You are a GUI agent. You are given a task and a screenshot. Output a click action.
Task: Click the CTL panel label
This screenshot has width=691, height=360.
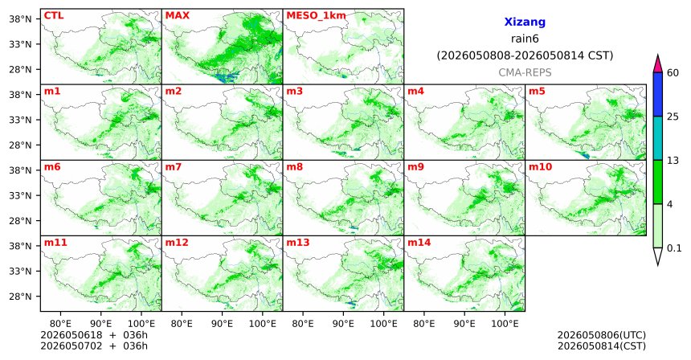[x=54, y=15]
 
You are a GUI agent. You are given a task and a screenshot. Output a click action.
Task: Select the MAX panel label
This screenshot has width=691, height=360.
[x=177, y=15]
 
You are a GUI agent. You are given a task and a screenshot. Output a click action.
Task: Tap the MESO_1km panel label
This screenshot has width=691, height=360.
[x=316, y=16]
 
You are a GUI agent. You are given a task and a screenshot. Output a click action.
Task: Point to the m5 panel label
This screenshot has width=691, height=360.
[x=537, y=92]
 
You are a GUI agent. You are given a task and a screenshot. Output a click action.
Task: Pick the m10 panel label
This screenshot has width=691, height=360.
[x=540, y=167]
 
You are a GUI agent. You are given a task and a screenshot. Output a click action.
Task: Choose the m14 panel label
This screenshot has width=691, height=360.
[x=419, y=243]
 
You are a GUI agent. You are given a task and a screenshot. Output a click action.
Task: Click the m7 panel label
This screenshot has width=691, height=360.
[x=174, y=167]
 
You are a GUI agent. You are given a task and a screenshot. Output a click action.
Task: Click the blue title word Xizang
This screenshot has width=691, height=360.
[x=525, y=22]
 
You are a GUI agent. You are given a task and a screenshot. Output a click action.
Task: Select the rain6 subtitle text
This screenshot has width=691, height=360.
[x=525, y=39]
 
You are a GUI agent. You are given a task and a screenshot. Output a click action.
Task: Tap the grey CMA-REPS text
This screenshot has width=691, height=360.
[x=525, y=72]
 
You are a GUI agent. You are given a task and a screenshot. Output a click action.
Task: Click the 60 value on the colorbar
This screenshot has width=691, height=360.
[x=673, y=72]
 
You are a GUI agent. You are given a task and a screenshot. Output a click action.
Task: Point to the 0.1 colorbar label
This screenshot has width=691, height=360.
[x=674, y=248]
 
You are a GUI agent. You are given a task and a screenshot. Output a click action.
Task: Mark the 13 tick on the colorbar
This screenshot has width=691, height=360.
[x=673, y=161]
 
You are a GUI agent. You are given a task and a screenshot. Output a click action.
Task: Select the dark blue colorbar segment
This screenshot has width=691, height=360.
[x=658, y=94]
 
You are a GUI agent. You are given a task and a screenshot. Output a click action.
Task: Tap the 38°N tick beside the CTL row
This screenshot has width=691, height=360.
[x=20, y=19]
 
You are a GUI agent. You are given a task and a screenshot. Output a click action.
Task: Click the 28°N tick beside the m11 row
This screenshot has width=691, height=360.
[x=20, y=297]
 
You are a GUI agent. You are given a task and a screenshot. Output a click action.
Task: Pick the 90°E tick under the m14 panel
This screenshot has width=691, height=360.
[x=464, y=324]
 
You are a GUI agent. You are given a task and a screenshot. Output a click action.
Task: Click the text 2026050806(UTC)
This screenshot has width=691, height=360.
[x=602, y=336]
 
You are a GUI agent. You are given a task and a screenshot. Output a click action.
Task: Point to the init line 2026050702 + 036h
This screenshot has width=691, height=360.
[x=94, y=346]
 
